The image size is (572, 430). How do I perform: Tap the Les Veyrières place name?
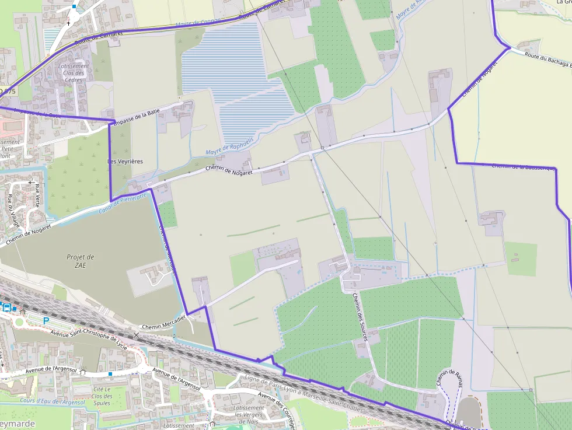125,161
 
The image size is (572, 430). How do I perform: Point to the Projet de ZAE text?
81,261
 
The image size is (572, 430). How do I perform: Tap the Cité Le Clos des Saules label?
102,396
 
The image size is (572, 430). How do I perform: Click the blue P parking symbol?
46,320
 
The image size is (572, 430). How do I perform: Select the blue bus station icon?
6,307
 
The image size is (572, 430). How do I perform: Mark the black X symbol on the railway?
137,335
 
